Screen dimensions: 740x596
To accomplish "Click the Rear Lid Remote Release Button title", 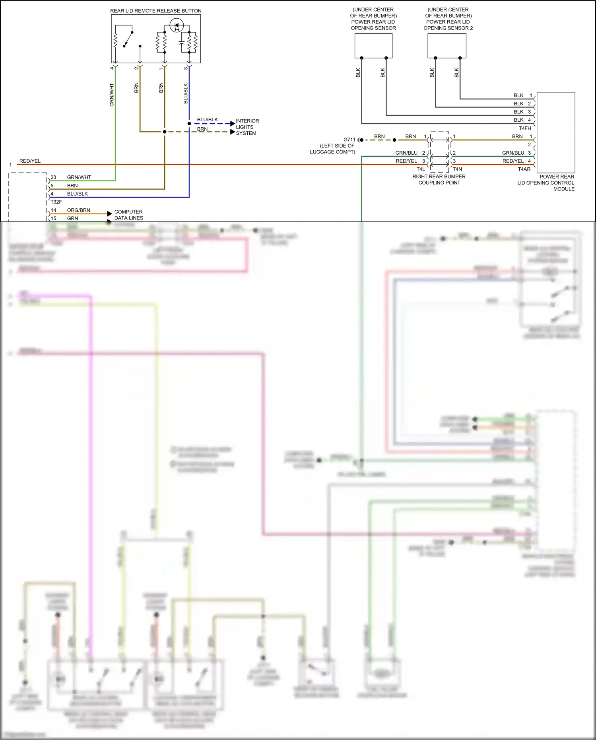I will (x=155, y=11).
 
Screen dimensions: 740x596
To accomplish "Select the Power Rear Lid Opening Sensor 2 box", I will (x=447, y=46).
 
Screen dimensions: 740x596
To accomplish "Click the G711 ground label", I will (x=349, y=140).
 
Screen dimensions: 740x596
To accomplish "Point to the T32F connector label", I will (x=56, y=202).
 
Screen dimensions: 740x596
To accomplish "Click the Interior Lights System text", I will (x=247, y=127).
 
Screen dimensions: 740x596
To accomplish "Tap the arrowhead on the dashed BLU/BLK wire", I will (x=233, y=124).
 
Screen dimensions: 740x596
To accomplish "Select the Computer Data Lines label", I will (x=128, y=215).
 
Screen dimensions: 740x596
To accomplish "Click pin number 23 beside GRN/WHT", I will (x=53, y=177).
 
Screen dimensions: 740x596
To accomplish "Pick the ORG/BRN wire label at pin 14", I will (x=78, y=210).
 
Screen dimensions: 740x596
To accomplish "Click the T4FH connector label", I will (x=525, y=128).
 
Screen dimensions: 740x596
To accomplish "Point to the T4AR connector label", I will (x=524, y=169).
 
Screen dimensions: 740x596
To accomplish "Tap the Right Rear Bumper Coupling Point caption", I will (x=439, y=180).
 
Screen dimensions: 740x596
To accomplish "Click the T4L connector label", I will (x=421, y=169).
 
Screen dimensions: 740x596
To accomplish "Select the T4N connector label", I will (x=457, y=169).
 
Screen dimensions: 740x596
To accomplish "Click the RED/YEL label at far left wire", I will (x=30, y=161).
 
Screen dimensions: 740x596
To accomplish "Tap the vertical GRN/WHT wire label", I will (x=112, y=95).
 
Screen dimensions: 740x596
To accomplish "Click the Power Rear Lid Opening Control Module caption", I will (x=546, y=183).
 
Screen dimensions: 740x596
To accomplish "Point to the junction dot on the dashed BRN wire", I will (x=165, y=132).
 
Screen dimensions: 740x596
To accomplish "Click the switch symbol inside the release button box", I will (x=127, y=39).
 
